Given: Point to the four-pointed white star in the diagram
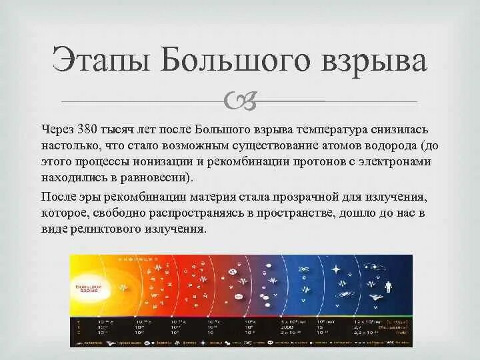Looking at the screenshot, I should click(335, 270).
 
